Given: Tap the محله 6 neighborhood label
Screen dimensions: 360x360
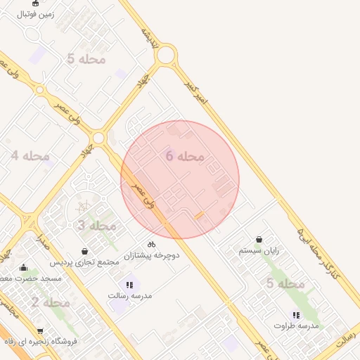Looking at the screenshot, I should click(x=185, y=156).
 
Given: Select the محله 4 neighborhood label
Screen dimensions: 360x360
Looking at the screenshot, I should click(x=30, y=155).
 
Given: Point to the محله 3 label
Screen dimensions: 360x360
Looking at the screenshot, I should click(x=96, y=226).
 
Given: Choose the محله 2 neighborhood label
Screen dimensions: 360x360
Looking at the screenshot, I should click(x=50, y=302).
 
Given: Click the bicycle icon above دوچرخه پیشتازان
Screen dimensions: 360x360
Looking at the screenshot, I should click(x=152, y=244).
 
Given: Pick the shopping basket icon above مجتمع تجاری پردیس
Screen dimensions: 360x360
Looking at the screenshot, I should click(x=85, y=251).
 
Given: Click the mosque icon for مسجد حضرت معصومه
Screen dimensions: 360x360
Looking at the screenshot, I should click(x=24, y=267).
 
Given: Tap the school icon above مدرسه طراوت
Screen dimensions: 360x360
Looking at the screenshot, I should click(x=296, y=315).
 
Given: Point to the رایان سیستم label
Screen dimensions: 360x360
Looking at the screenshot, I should click(x=259, y=250).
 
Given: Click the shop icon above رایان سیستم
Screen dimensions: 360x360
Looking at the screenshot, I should click(x=259, y=240).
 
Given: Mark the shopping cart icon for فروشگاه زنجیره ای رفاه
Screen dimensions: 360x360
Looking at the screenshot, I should click(x=40, y=331).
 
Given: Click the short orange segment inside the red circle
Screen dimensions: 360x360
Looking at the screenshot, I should click(x=200, y=214).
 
